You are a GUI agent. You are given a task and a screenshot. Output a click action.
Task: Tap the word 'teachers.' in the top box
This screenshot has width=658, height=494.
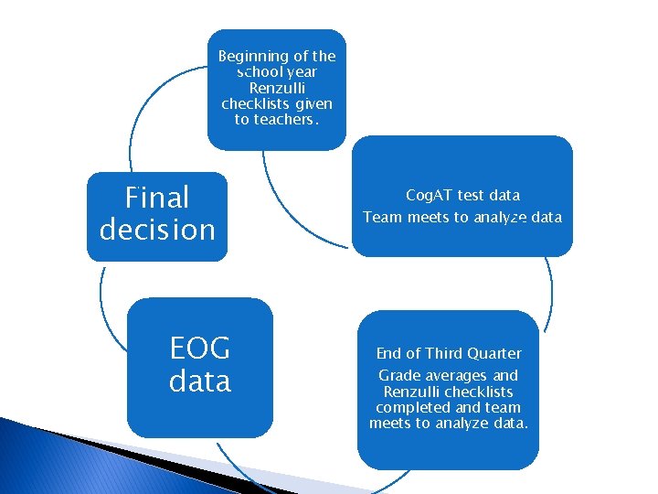click(288, 119)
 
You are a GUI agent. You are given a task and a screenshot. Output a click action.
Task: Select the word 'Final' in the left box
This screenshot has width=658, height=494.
click(157, 197)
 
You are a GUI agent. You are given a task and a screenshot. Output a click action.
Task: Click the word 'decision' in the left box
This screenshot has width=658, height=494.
click(157, 229)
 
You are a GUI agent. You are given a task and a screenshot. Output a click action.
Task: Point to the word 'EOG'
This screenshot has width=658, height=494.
click(199, 349)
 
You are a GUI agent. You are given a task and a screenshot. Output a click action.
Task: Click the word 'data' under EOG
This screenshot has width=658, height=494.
click(199, 380)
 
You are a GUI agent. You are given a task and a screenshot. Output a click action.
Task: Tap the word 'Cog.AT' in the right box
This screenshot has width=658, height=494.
click(430, 195)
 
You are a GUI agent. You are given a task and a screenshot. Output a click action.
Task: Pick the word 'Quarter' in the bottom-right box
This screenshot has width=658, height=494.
click(493, 353)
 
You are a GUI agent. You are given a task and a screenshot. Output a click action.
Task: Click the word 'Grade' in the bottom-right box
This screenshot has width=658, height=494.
click(398, 375)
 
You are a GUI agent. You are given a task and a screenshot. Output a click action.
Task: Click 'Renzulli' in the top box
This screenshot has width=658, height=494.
click(277, 88)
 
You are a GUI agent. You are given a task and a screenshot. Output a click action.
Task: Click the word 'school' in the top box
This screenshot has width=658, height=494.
click(259, 71)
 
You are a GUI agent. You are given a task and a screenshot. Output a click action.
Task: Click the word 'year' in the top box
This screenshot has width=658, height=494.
click(301, 71)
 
